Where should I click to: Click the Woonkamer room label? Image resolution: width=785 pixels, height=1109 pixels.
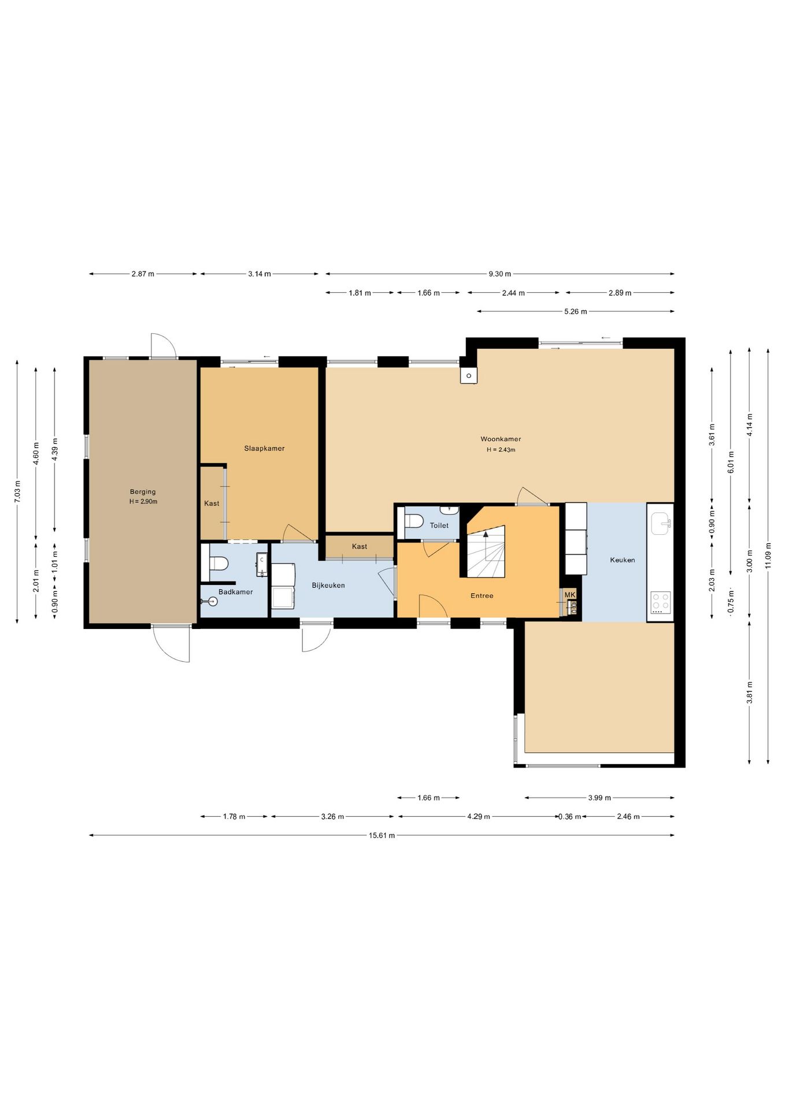tap(501, 439)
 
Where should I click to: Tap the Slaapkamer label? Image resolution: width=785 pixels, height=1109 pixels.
tap(264, 448)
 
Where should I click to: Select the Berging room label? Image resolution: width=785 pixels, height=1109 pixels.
tap(143, 492)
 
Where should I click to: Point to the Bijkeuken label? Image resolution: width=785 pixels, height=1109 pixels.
tap(328, 585)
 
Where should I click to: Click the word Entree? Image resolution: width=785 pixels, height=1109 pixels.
tap(482, 596)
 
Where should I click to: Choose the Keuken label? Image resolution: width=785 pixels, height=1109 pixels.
tap(623, 560)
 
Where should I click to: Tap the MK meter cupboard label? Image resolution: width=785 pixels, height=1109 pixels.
tap(570, 595)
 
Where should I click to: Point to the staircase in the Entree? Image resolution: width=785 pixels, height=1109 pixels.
tap(486, 551)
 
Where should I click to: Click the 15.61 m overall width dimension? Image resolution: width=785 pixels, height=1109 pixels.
tap(382, 835)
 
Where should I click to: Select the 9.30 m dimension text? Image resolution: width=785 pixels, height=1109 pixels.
tap(499, 274)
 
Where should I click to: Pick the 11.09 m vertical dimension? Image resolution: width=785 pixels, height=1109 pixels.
tap(768, 556)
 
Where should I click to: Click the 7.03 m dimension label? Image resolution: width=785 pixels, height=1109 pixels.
tap(17, 492)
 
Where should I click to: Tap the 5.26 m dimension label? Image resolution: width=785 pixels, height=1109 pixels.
tap(576, 311)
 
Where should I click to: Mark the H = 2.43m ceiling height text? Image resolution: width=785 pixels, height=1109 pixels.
tap(501, 450)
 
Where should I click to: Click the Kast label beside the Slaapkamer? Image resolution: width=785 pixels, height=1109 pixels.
tap(212, 504)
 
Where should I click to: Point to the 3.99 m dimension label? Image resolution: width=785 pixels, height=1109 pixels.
tap(599, 798)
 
